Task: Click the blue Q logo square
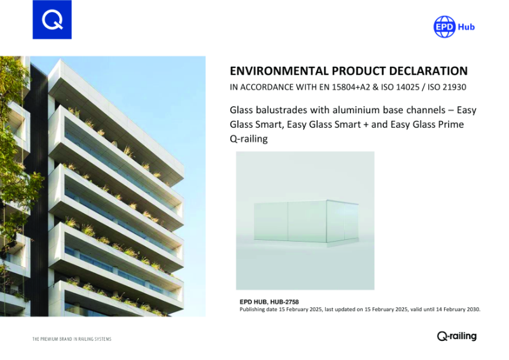[x=52, y=20]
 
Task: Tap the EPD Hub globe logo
[x=444, y=27]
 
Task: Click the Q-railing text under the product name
[x=248, y=138]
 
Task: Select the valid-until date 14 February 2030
[x=451, y=309]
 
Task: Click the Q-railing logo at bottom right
[x=457, y=336]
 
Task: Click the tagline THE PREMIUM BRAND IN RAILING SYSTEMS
[x=72, y=339]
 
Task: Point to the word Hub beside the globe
[x=466, y=27]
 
